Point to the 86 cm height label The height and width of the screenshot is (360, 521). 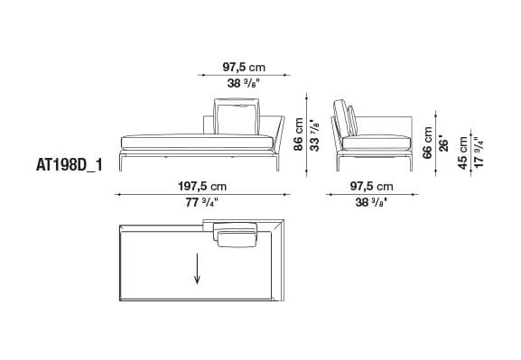(x=298, y=139)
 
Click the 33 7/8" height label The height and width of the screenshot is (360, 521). (x=314, y=139)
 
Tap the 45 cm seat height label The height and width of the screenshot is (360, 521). (x=464, y=152)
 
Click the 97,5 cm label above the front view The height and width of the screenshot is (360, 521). (x=245, y=66)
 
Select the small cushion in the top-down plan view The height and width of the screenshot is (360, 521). (x=237, y=235)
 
